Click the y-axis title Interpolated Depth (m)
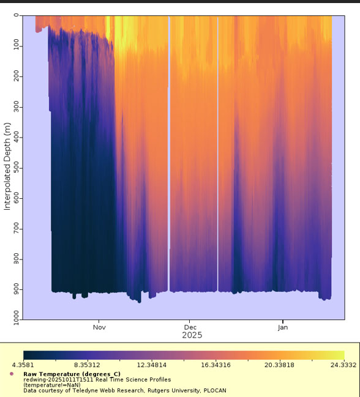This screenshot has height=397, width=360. click(x=7, y=166)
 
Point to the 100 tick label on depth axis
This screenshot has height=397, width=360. click(x=16, y=46)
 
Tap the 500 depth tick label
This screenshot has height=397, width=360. click(x=16, y=168)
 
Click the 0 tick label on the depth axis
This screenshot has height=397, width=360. click(x=16, y=15)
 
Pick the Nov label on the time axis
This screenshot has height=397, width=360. click(x=99, y=327)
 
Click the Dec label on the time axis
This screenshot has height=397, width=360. click(x=190, y=327)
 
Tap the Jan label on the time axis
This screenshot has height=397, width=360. click(x=283, y=327)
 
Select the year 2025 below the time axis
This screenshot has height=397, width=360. click(x=192, y=335)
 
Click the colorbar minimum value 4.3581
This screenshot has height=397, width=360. click(x=23, y=365)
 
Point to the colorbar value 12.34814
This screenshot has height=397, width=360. click(x=151, y=365)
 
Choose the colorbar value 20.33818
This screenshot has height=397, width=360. click(x=279, y=365)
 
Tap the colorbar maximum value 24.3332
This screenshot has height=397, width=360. click(x=343, y=365)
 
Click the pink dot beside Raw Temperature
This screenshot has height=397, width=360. click(x=11, y=374)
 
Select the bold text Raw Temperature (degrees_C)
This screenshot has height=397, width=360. click(x=72, y=374)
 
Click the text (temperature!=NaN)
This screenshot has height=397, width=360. click(x=52, y=385)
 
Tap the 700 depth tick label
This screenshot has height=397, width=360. click(x=16, y=229)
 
